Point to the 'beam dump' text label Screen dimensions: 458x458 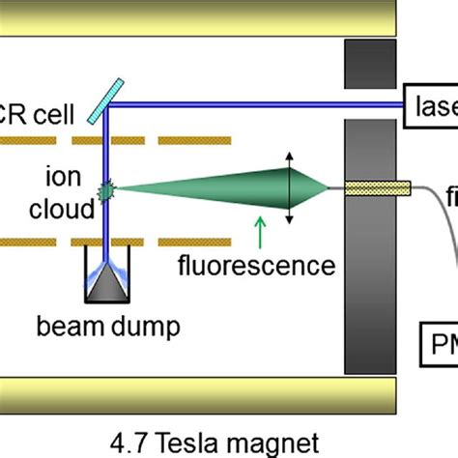(122, 327)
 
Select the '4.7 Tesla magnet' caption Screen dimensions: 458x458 (228, 443)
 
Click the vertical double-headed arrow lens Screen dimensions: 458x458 (288, 188)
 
